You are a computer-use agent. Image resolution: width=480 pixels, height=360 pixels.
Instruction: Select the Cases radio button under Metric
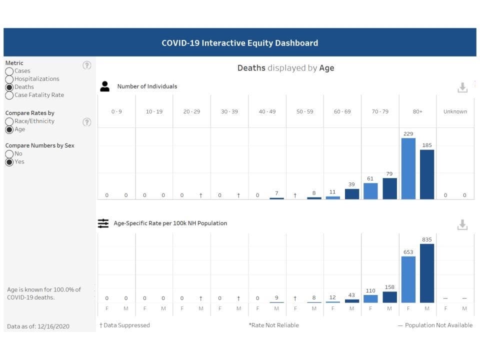[9, 71]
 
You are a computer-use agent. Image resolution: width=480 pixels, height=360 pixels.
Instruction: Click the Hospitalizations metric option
[9, 79]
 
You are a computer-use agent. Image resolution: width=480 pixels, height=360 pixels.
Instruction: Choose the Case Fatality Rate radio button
[9, 95]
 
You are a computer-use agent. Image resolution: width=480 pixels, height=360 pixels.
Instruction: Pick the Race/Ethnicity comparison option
[9, 121]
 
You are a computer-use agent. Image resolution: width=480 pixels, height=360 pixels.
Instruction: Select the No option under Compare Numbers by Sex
[9, 154]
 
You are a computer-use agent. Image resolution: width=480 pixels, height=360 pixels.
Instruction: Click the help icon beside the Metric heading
[87, 65]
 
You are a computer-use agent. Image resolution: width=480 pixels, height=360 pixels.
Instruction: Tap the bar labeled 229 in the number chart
[408, 168]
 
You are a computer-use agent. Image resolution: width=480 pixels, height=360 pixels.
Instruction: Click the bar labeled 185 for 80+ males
[427, 174]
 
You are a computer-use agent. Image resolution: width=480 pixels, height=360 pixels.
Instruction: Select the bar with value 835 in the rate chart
[427, 273]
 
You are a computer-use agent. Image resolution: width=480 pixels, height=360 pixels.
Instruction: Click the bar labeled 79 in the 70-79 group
[389, 188]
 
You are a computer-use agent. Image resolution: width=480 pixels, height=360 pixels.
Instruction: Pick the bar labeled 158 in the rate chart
[389, 297]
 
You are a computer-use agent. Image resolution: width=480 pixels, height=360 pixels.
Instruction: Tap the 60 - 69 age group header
[342, 111]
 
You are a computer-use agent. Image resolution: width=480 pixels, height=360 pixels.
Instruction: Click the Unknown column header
[455, 111]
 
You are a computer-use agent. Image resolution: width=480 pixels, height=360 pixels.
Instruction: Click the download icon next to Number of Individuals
[462, 88]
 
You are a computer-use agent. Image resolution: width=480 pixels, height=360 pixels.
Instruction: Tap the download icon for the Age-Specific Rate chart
[462, 225]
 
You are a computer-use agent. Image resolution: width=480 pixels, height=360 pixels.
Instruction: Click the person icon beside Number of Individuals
[104, 86]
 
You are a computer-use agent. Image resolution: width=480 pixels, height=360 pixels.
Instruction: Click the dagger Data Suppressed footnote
[124, 325]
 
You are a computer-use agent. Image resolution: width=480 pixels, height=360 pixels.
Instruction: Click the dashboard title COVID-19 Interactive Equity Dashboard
[239, 43]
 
